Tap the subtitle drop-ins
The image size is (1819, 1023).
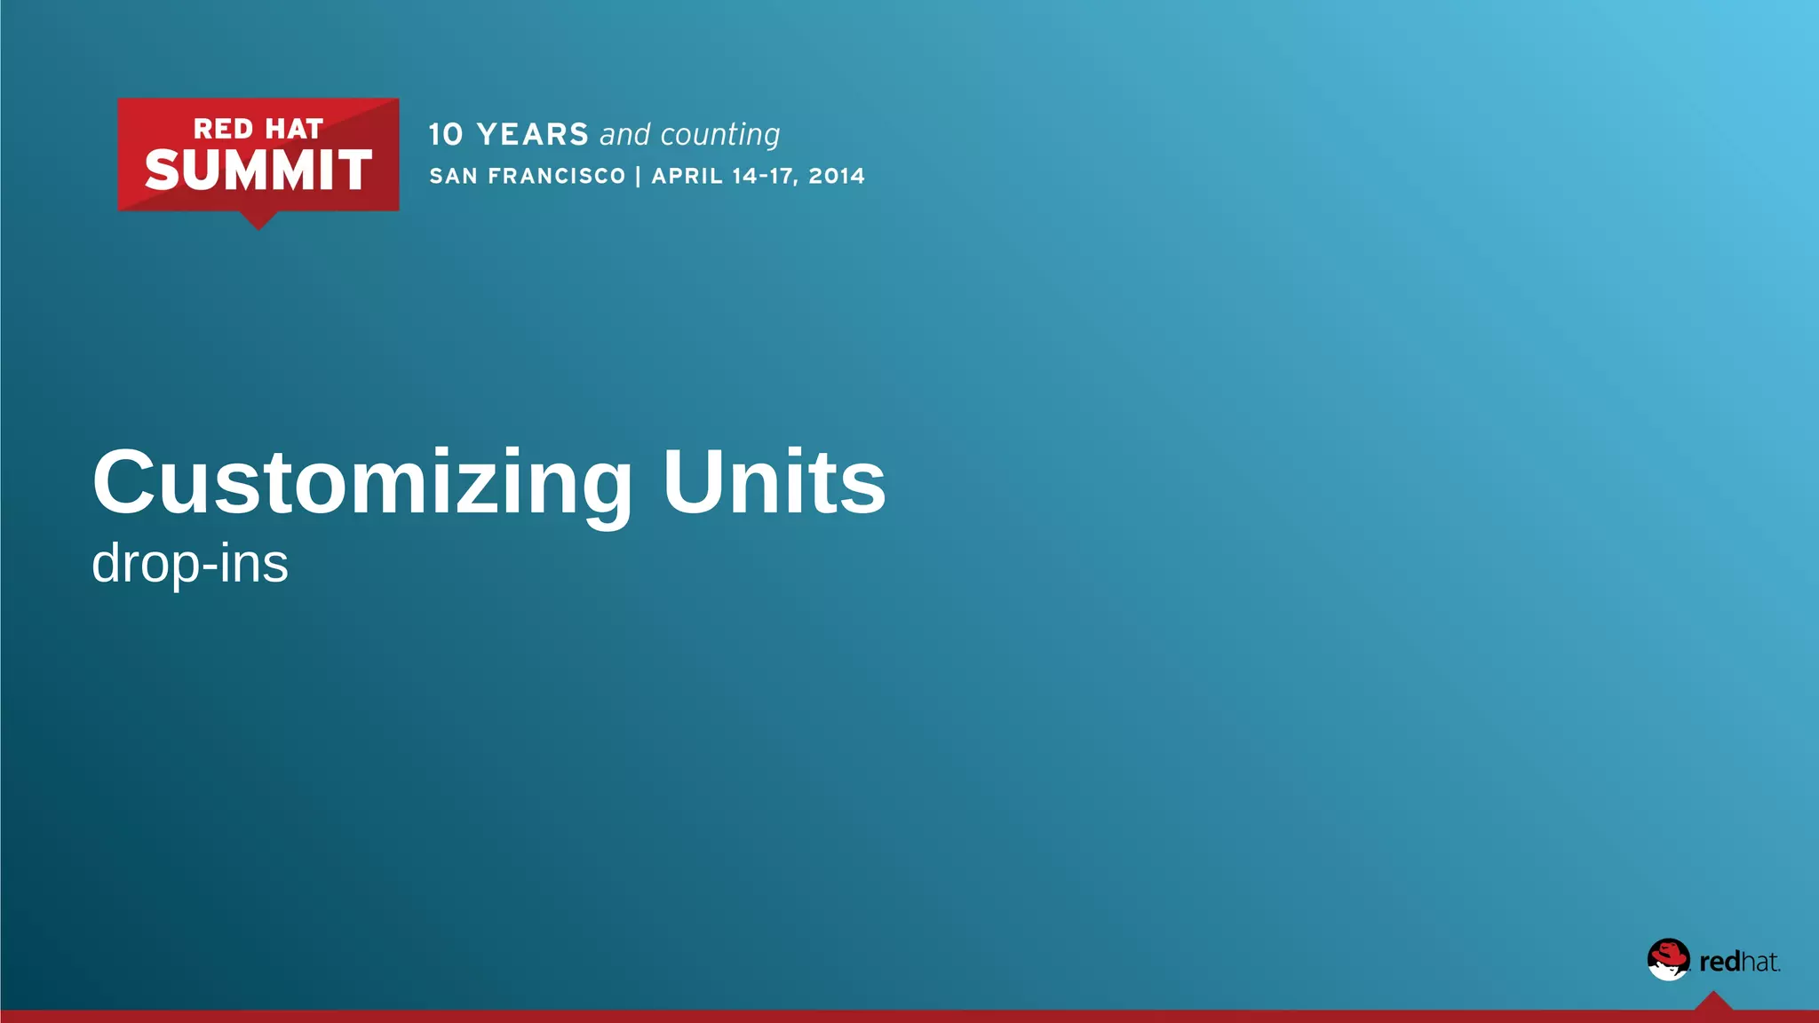[190, 563]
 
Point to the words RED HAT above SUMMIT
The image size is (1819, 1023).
[258, 129]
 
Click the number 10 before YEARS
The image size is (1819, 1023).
[446, 135]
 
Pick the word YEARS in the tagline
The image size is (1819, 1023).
[533, 135]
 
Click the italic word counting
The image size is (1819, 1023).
[720, 135]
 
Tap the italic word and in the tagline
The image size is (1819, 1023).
[625, 135]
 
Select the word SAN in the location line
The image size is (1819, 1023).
[454, 176]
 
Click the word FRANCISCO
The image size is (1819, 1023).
[557, 176]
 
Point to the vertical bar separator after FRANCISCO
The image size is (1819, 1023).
[639, 176]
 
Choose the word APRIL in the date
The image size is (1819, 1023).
[687, 176]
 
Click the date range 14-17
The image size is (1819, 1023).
[764, 176]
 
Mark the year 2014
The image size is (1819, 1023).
[837, 176]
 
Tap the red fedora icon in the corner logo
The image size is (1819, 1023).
[1669, 959]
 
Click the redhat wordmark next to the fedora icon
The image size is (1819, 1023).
[1739, 962]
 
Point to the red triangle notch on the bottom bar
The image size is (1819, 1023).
[1713, 1003]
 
